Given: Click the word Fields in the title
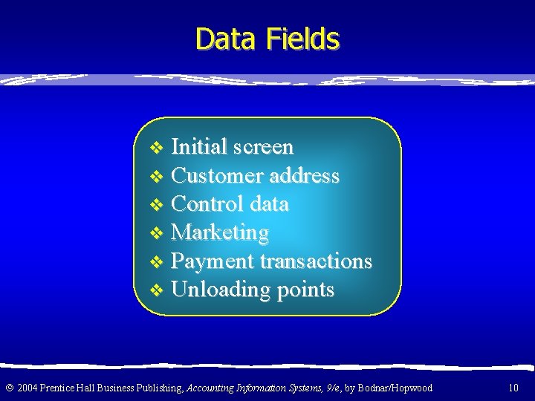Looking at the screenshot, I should [x=300, y=39].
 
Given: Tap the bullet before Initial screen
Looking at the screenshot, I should [x=155, y=148].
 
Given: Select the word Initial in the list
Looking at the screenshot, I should [x=198, y=147].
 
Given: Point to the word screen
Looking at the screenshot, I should [x=262, y=148].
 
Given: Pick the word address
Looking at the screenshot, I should [x=305, y=176].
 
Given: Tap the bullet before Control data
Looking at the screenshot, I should [x=155, y=205].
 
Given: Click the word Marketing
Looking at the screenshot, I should [x=220, y=233].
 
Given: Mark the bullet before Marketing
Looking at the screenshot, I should [x=155, y=234].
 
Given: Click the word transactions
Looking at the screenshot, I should [x=316, y=261].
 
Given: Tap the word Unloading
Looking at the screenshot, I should [x=221, y=290].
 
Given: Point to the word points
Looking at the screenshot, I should [x=305, y=290].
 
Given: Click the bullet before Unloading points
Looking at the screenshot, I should [x=155, y=290].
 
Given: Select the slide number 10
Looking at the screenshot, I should [x=513, y=388].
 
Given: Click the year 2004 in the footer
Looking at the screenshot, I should [x=27, y=388].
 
